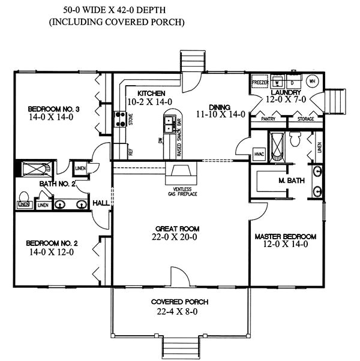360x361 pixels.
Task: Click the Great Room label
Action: click(x=177, y=229)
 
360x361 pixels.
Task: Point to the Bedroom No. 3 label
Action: click(x=54, y=109)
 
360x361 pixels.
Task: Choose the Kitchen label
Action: click(x=151, y=94)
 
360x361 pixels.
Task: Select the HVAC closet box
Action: click(x=259, y=153)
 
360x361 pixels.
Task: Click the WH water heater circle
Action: click(x=312, y=80)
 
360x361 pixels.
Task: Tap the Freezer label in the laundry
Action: click(x=260, y=80)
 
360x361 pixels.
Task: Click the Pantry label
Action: click(x=268, y=120)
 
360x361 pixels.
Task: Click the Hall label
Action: click(x=100, y=203)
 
